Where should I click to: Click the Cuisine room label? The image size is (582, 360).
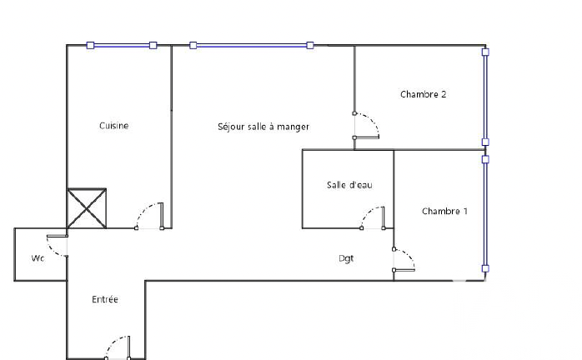[114, 126]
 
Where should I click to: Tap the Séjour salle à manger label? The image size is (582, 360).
[263, 127]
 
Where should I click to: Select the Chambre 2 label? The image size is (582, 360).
[423, 94]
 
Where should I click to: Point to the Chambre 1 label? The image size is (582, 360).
[444, 211]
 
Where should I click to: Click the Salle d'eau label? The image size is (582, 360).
[349, 185]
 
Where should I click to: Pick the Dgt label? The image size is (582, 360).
[346, 258]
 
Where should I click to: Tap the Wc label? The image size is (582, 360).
[38, 258]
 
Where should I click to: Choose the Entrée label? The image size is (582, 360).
[105, 299]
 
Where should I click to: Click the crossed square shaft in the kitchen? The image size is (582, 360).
[87, 208]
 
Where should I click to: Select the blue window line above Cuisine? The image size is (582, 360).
[122, 45]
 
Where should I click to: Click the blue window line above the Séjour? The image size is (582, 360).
[252, 45]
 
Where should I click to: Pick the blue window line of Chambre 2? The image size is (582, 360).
[485, 97]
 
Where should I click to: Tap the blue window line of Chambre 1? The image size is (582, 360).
[485, 214]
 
